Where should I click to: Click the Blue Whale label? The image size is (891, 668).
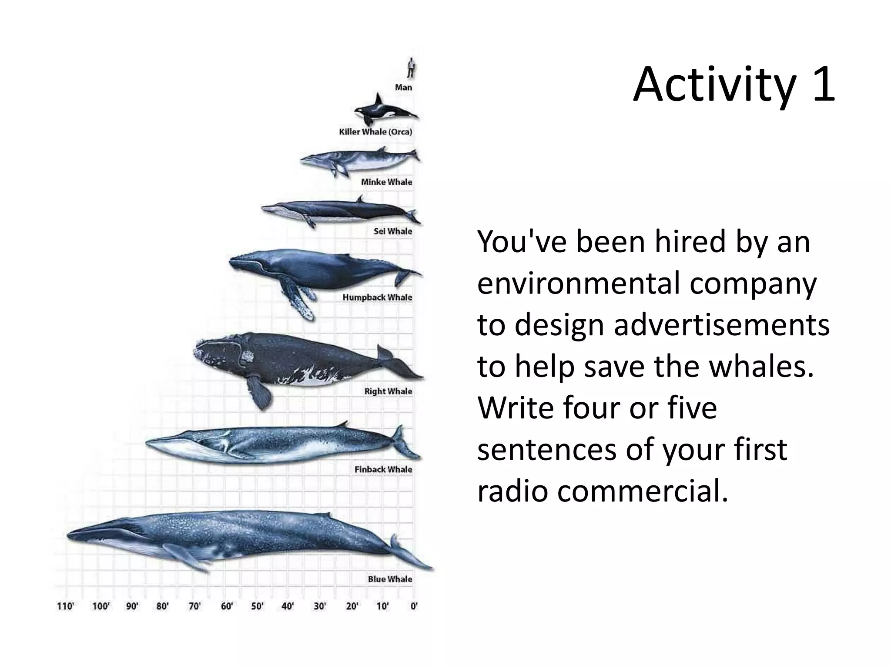390,579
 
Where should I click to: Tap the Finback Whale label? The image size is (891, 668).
383,469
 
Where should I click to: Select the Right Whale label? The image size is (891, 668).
388,391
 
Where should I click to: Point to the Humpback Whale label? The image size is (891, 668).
377,297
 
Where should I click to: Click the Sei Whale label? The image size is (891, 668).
392,231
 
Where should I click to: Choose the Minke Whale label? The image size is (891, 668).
386,182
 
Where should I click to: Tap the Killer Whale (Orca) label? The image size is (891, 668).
375,132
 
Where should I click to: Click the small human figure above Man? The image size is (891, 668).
411,68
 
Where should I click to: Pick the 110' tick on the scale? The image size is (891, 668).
65,606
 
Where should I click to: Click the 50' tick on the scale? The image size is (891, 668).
258,606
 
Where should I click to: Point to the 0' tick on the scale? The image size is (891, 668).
414,606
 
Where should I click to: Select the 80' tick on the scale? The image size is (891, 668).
163,606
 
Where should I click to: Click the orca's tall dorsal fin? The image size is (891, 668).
379,100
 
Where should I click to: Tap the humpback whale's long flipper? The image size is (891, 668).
298,300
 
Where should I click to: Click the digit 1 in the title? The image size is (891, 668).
822,85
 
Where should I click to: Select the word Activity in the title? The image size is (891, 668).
713,85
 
